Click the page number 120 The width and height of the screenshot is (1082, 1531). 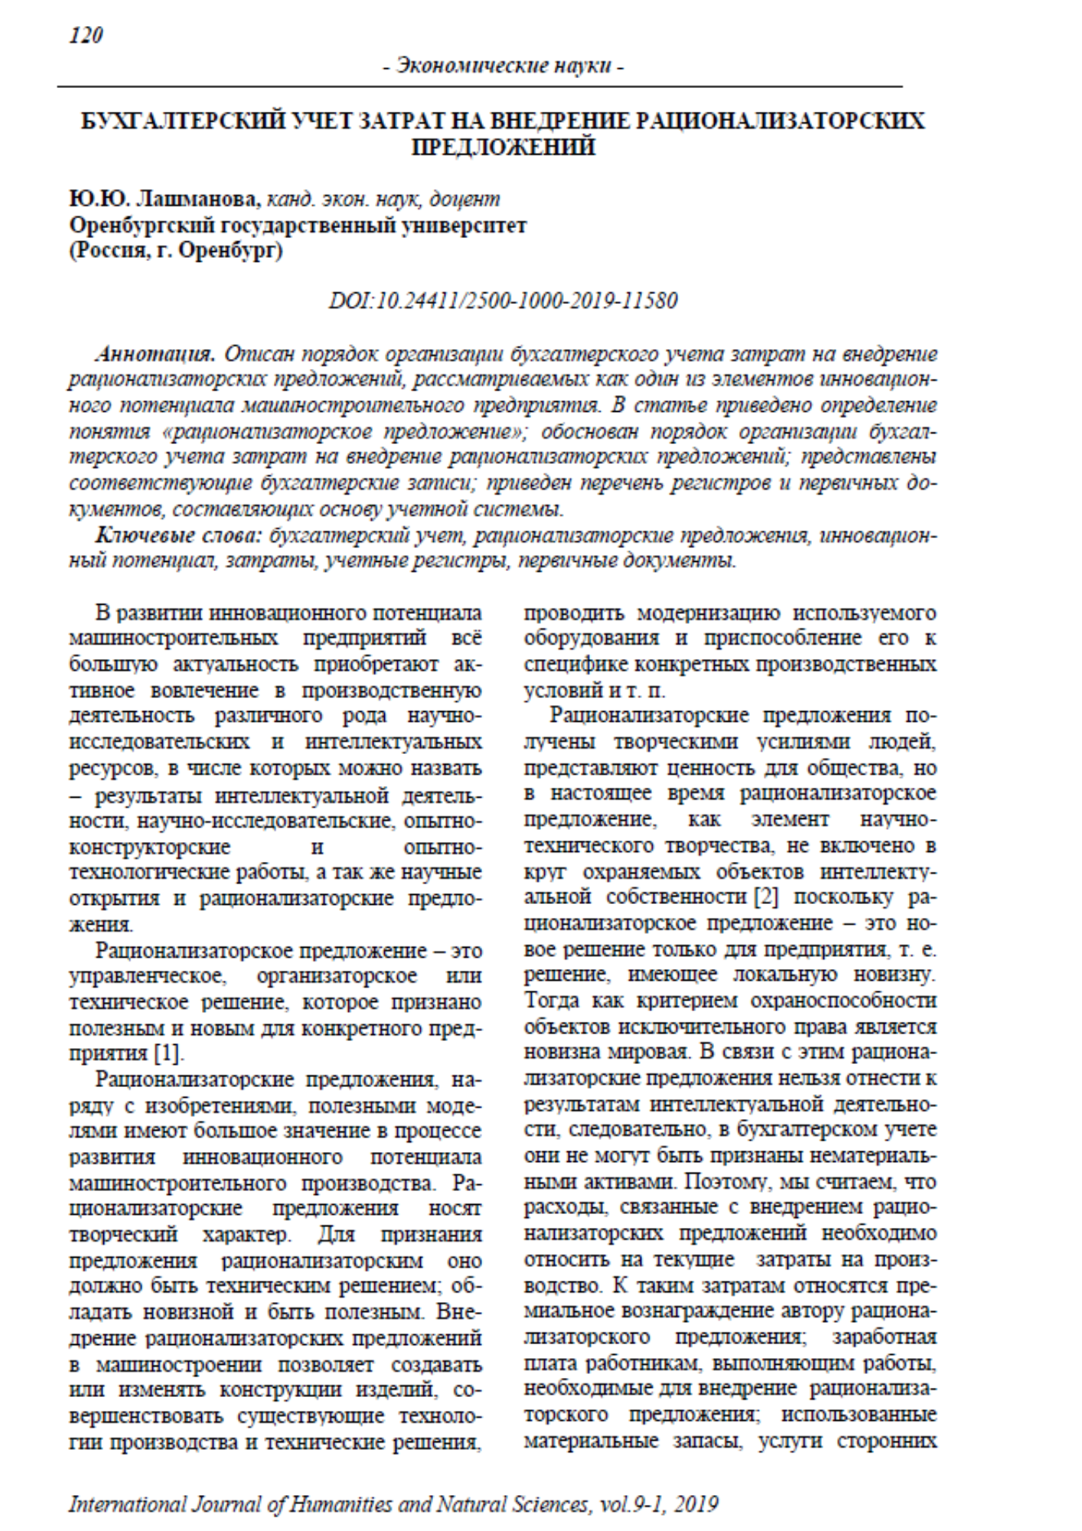(x=86, y=36)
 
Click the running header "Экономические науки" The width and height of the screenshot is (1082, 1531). (x=503, y=67)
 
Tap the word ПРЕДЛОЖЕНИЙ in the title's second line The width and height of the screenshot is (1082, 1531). (x=503, y=146)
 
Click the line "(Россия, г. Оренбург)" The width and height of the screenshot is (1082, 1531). (x=175, y=251)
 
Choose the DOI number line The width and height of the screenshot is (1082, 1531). (x=503, y=300)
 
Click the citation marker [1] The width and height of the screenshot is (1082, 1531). (x=169, y=1054)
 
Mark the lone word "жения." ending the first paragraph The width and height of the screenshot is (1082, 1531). (x=101, y=925)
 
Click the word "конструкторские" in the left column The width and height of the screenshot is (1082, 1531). (x=150, y=847)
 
